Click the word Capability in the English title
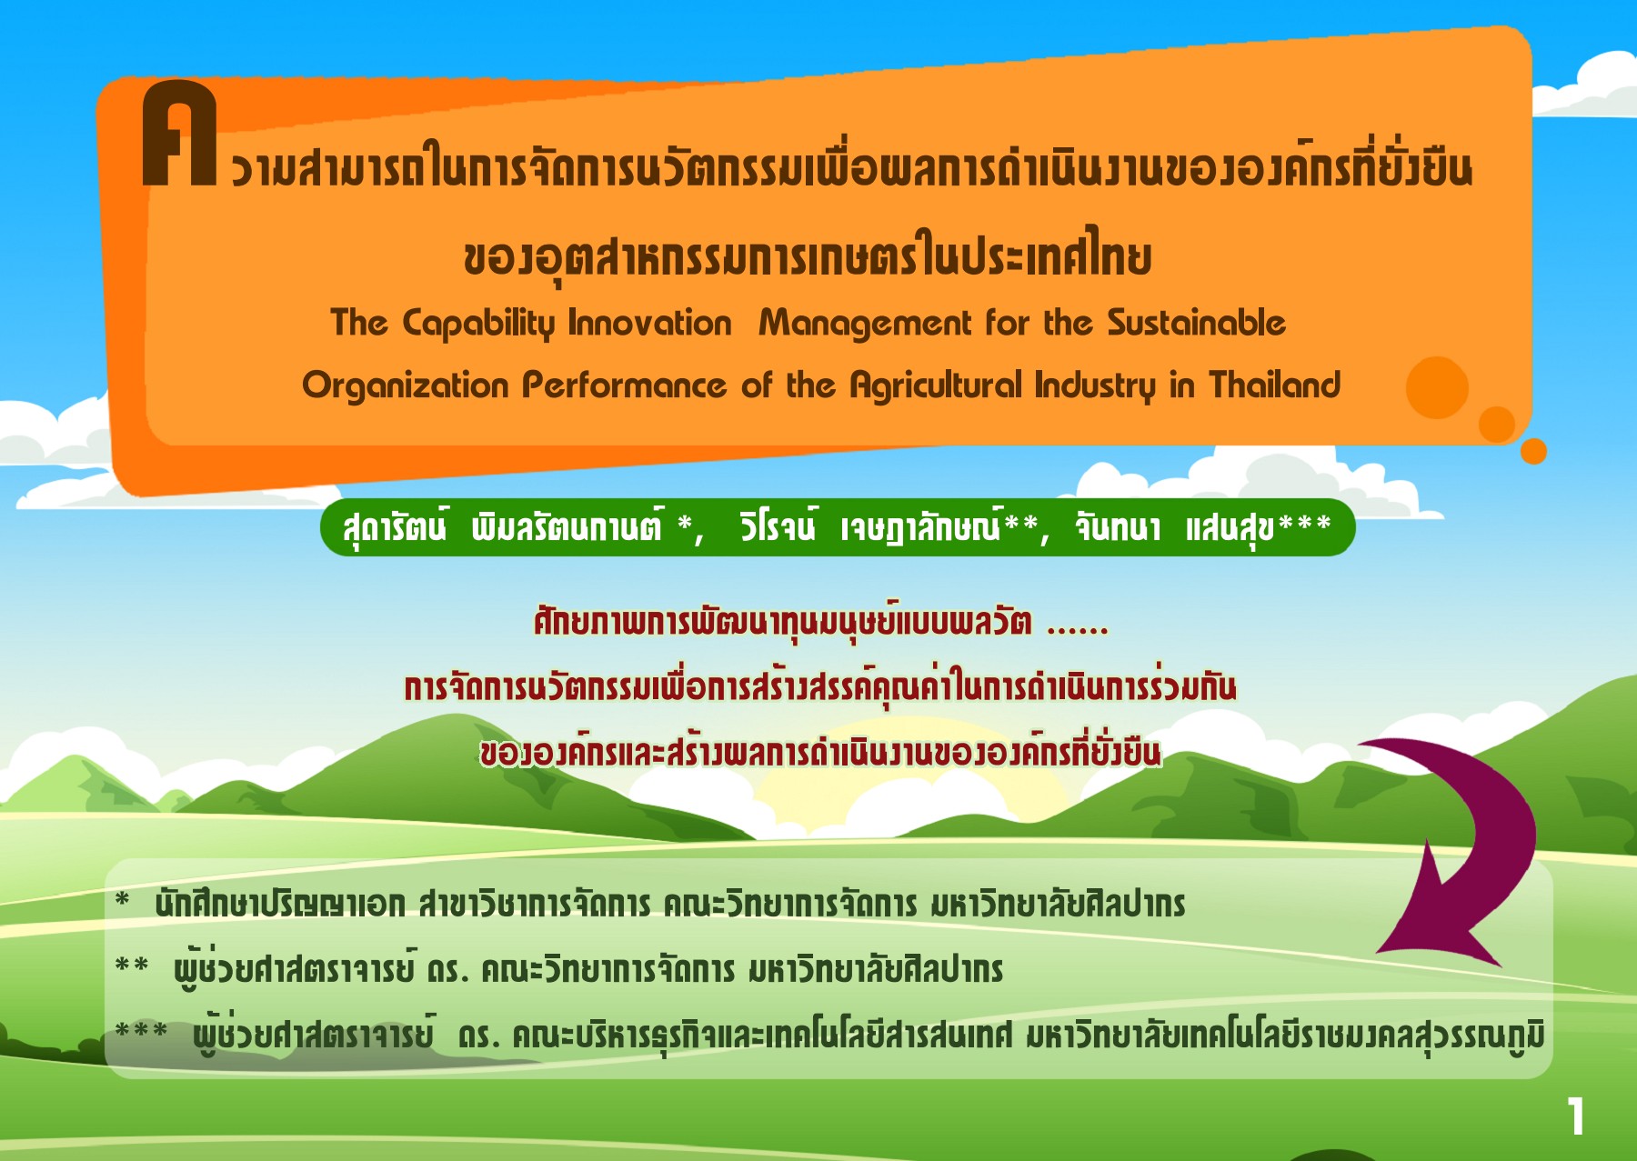pyautogui.click(x=477, y=325)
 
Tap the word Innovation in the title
pyautogui.click(x=649, y=323)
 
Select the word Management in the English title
pyautogui.click(x=865, y=325)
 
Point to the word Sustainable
pyautogui.click(x=1196, y=323)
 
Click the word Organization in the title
pyautogui.click(x=405, y=386)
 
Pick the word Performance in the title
pyautogui.click(x=624, y=385)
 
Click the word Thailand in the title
pyautogui.click(x=1274, y=385)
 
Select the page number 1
pyautogui.click(x=1576, y=1116)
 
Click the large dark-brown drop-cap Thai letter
pyautogui.click(x=179, y=134)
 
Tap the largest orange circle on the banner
pyautogui.click(x=1437, y=387)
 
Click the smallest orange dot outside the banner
pyautogui.click(x=1533, y=451)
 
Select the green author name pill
pyautogui.click(x=838, y=527)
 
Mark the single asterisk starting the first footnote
pyautogui.click(x=123, y=901)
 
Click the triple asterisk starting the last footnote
pyautogui.click(x=141, y=1031)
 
